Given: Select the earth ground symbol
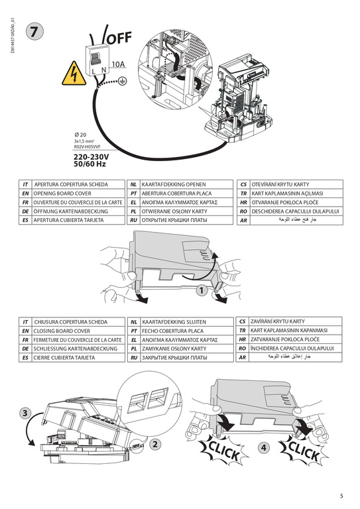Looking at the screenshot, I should (x=121, y=80).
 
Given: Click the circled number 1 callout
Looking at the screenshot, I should (x=202, y=289).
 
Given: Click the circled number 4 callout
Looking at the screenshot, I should (x=265, y=448).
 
